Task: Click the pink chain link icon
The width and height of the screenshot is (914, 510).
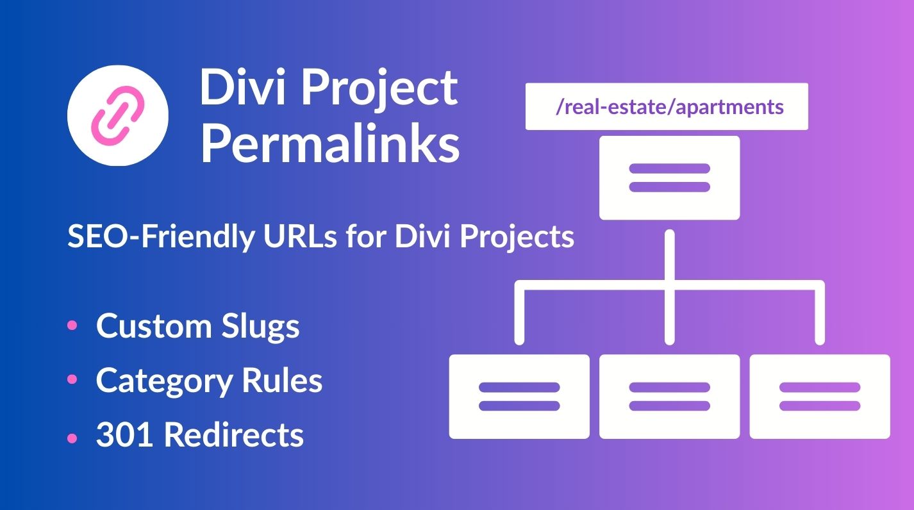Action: [x=117, y=115]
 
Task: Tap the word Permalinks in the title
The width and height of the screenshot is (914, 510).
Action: [x=330, y=144]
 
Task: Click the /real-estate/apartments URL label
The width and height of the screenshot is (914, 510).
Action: [x=667, y=106]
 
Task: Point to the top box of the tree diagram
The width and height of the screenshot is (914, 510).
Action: [x=669, y=178]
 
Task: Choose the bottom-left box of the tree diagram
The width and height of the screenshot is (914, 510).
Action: [x=519, y=397]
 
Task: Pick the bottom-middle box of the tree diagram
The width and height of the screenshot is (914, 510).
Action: [x=669, y=397]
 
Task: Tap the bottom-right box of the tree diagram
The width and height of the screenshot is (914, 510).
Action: [x=820, y=397]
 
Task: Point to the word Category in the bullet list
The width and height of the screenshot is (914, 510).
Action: [x=163, y=382]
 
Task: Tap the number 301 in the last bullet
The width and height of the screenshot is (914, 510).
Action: [x=125, y=436]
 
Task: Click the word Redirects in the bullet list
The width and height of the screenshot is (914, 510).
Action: [x=234, y=436]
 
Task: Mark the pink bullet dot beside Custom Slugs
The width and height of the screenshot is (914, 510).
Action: [x=72, y=325]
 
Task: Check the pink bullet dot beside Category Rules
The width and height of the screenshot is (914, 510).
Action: [x=72, y=380]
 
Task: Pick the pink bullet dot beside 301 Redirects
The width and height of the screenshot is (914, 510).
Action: [x=72, y=437]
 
